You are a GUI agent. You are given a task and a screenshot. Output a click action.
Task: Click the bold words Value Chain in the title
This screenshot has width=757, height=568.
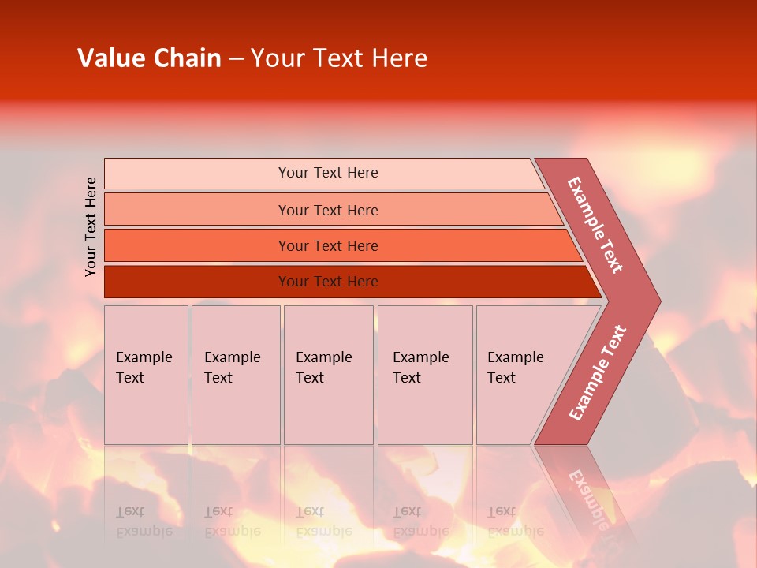coord(149,58)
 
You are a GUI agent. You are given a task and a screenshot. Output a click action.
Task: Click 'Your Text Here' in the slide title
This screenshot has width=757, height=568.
coord(339,58)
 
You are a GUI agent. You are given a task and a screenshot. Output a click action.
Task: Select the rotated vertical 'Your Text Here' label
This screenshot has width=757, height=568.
coord(91,226)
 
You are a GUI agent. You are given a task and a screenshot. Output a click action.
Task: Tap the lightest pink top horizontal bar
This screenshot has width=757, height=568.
coord(323,173)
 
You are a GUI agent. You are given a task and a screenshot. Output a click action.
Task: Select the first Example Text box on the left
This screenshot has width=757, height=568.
coord(146,375)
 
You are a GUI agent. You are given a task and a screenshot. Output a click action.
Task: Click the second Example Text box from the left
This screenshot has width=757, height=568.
coord(235,375)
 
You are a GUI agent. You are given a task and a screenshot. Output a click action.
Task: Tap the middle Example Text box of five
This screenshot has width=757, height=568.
coord(328,375)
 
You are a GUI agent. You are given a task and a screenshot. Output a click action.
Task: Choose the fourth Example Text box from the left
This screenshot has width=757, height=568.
coord(425,375)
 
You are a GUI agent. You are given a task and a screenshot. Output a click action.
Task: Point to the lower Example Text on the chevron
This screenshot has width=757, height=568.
coord(598,372)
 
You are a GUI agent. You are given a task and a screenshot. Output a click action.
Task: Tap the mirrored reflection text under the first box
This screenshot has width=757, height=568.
coord(144,521)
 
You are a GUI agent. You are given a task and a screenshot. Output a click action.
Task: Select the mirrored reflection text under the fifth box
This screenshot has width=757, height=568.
coord(515,521)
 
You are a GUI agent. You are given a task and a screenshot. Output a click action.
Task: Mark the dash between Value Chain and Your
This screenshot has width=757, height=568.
coord(236,59)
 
